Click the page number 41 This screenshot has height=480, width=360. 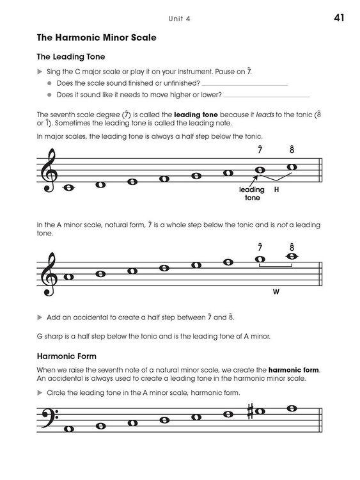[x=339, y=17]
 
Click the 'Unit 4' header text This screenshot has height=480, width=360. [x=180, y=19]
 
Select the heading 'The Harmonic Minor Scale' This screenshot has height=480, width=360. [x=96, y=38]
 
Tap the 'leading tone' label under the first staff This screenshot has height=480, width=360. [x=251, y=194]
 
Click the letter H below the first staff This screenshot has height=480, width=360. [x=277, y=190]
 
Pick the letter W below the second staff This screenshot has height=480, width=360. [x=276, y=291]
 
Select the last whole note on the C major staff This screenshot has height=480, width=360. [x=292, y=167]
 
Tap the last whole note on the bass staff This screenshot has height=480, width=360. [x=292, y=408]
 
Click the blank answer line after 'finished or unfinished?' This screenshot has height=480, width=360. [x=246, y=83]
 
